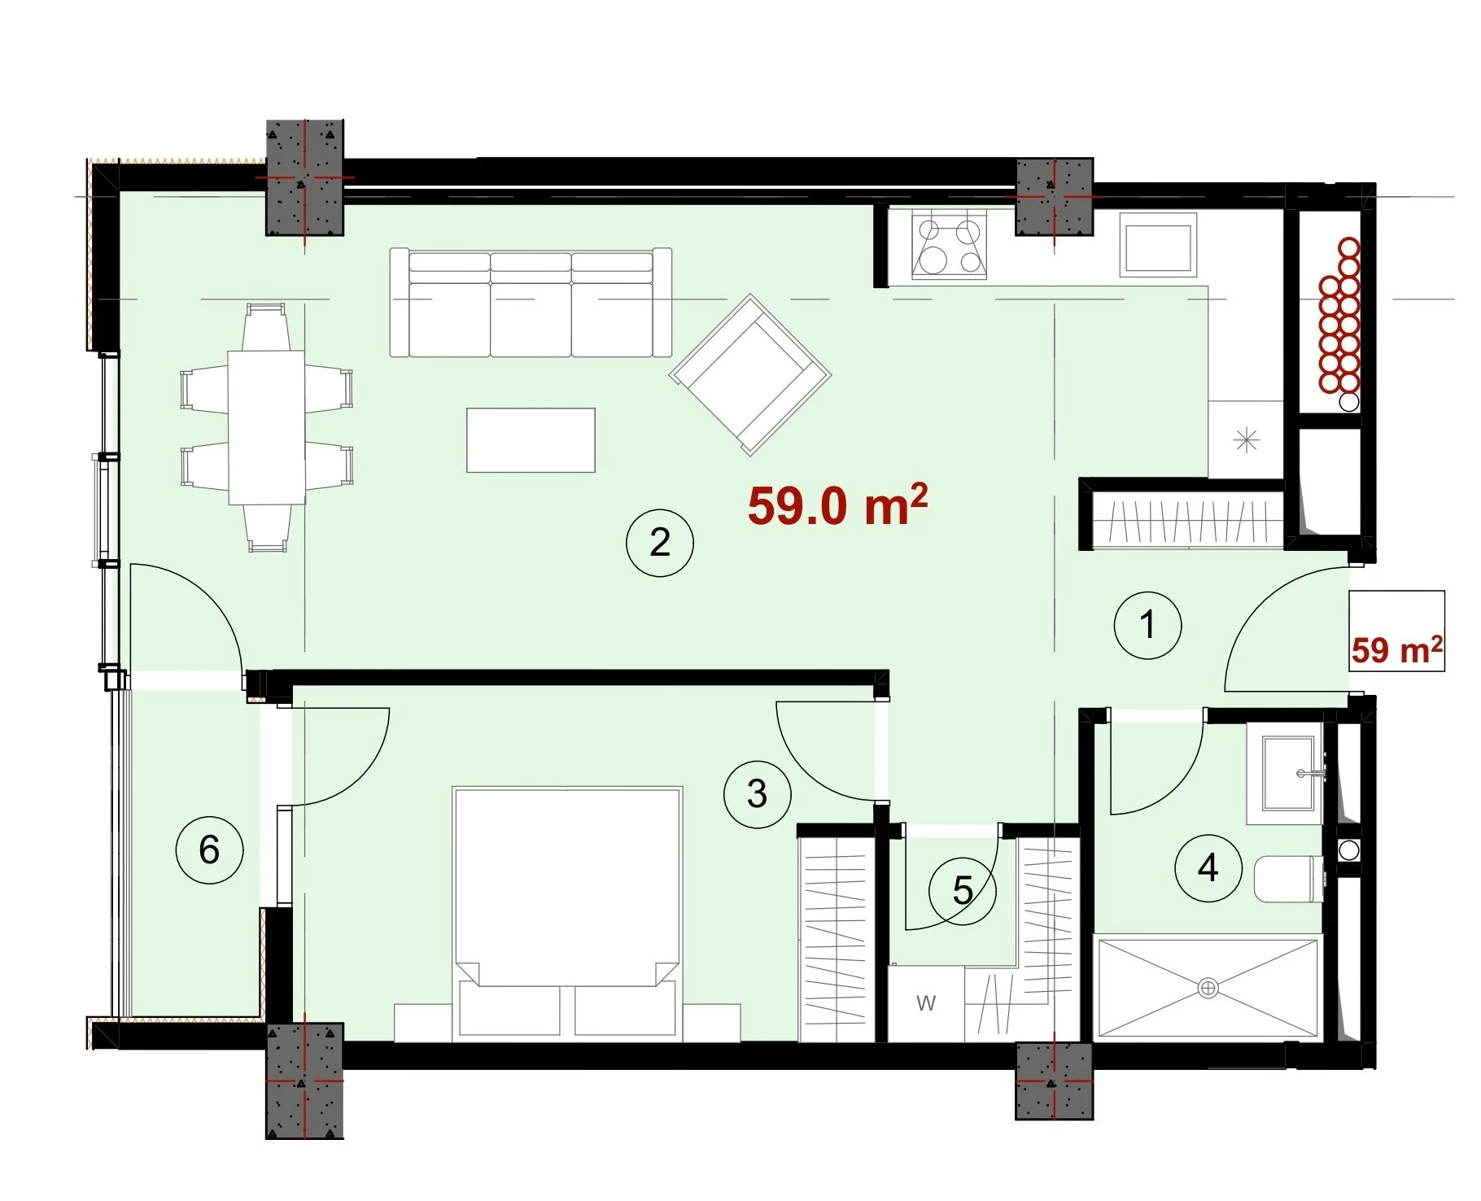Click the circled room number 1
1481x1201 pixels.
click(1147, 626)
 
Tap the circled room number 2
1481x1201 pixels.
click(659, 543)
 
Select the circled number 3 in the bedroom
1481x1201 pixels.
click(757, 793)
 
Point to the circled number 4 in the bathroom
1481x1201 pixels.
click(1208, 868)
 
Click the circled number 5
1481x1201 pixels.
click(963, 891)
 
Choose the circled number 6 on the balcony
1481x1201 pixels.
click(209, 850)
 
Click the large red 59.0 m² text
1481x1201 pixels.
click(837, 505)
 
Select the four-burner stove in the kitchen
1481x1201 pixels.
click(950, 245)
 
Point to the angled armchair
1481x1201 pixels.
click(750, 375)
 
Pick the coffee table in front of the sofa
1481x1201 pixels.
click(531, 440)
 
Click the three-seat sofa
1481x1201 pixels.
click(531, 303)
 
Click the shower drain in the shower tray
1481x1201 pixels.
click(1208, 988)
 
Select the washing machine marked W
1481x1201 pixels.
click(926, 1003)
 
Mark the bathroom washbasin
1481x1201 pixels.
click(1287, 775)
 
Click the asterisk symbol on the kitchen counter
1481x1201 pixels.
click(1246, 441)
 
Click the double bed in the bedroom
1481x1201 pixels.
click(567, 913)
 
